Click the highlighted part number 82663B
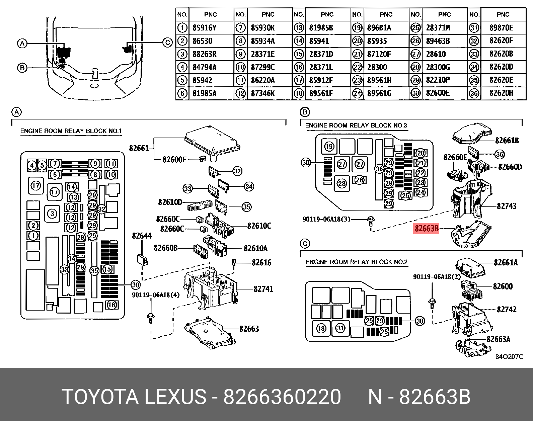pos(426,229)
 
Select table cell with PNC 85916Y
pos(204,28)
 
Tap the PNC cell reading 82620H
pos(501,93)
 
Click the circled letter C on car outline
pos(167,43)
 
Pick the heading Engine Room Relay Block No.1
pos(71,131)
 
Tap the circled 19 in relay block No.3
pos(329,146)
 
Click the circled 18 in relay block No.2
pos(321,328)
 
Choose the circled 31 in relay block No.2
pos(340,328)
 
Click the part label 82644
pos(142,236)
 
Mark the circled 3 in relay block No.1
pos(52,213)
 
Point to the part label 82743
pos(507,206)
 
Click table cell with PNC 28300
pos(377,67)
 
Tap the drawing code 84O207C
pos(509,357)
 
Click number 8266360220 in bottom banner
pos(282,397)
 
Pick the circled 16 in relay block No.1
pos(112,305)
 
